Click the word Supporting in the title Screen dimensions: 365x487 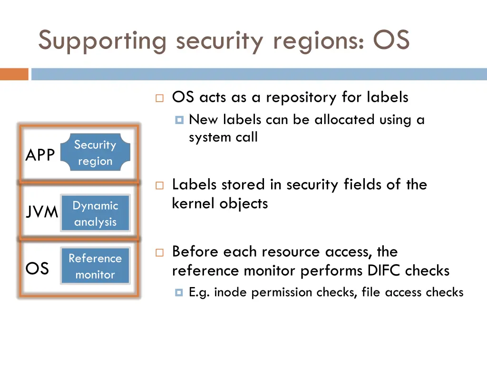point(102,41)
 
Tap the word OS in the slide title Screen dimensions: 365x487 point(391,40)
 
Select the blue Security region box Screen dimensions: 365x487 point(95,153)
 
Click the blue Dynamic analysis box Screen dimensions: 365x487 point(95,213)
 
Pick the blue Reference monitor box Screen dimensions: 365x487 point(95,266)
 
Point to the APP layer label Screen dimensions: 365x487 point(40,155)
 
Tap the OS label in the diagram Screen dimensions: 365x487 point(37,269)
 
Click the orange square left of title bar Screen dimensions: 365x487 point(14,74)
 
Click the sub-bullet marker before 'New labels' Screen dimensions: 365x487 point(179,120)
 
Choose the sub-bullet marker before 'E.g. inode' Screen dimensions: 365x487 point(179,293)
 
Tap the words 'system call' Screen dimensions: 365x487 point(223,137)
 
